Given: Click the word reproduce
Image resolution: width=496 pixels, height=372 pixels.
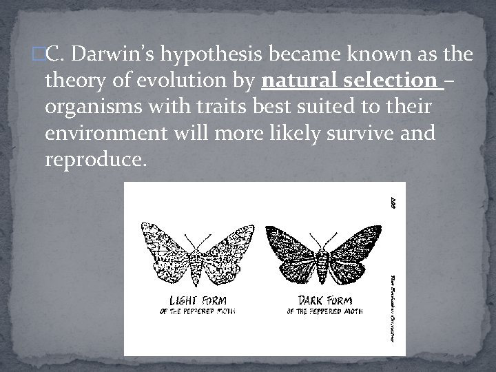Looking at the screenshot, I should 95,161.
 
